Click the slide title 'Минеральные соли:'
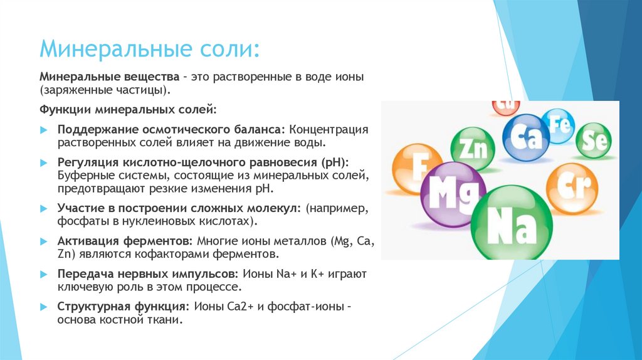tap(148, 48)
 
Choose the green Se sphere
tap(594, 140)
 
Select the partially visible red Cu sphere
tap(507, 106)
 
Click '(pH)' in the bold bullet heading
tap(335, 162)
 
